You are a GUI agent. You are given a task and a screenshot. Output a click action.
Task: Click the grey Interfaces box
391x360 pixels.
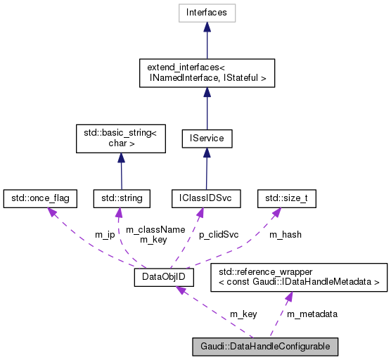tap(207, 12)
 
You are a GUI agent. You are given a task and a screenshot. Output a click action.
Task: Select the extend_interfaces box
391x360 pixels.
tap(207, 73)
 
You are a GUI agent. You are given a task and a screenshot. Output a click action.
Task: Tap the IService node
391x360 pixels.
tap(207, 139)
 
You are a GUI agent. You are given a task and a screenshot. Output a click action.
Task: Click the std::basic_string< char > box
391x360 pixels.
tap(120, 139)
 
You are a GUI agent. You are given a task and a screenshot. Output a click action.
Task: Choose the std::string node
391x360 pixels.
tap(121, 199)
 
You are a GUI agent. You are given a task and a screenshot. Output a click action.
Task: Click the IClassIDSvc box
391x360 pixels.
tap(206, 199)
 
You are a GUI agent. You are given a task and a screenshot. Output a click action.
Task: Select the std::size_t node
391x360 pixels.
tap(286, 199)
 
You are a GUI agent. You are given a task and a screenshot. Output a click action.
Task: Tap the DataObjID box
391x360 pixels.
tap(164, 278)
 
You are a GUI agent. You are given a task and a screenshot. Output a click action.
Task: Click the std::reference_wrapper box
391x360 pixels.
tap(300, 275)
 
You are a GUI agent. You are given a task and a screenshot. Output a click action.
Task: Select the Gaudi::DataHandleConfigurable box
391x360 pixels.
tap(266, 346)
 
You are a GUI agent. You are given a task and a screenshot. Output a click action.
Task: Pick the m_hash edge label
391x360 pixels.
tap(286, 234)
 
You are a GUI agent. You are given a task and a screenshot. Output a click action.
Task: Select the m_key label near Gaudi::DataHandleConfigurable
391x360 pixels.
tap(243, 314)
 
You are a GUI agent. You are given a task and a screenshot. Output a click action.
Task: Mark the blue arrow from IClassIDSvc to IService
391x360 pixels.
tap(206, 169)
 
